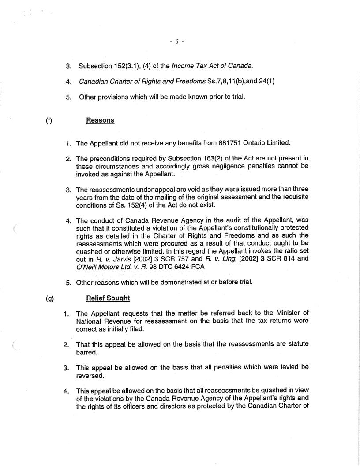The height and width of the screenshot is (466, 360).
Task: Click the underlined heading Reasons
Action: [100, 120]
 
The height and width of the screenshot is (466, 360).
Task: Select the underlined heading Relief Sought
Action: [108, 298]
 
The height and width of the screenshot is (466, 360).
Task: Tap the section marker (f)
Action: [49, 120]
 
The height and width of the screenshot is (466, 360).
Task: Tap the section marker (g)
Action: [49, 298]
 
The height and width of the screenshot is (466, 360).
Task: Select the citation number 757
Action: [170, 260]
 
